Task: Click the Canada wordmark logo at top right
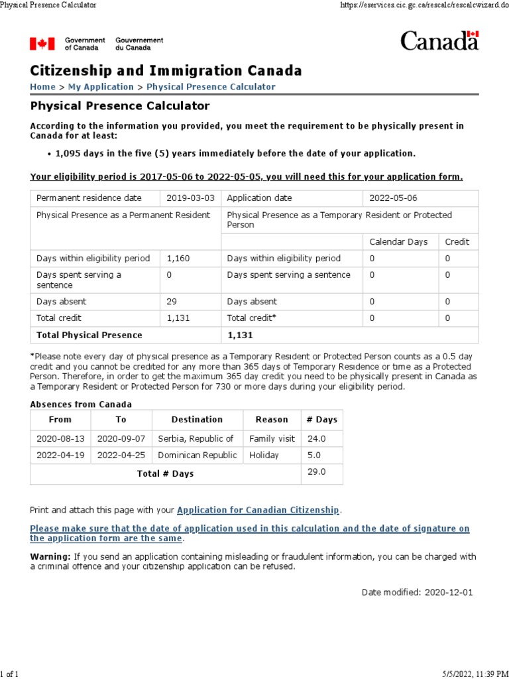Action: click(x=439, y=41)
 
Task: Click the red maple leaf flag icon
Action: click(x=42, y=44)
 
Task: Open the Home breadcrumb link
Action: click(x=42, y=87)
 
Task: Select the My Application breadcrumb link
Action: click(x=101, y=87)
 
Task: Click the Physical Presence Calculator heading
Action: click(x=120, y=106)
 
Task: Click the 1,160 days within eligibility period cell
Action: click(x=178, y=258)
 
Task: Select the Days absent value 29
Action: click(x=172, y=302)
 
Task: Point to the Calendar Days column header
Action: click(x=398, y=242)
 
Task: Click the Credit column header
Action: click(x=457, y=242)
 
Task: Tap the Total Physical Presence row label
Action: click(x=89, y=335)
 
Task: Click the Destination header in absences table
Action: click(x=197, y=419)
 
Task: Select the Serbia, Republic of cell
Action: click(x=196, y=438)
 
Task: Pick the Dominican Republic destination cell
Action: click(x=197, y=456)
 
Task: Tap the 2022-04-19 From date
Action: click(x=60, y=456)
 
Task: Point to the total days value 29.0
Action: click(x=315, y=471)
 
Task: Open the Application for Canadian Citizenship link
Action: click(x=258, y=510)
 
